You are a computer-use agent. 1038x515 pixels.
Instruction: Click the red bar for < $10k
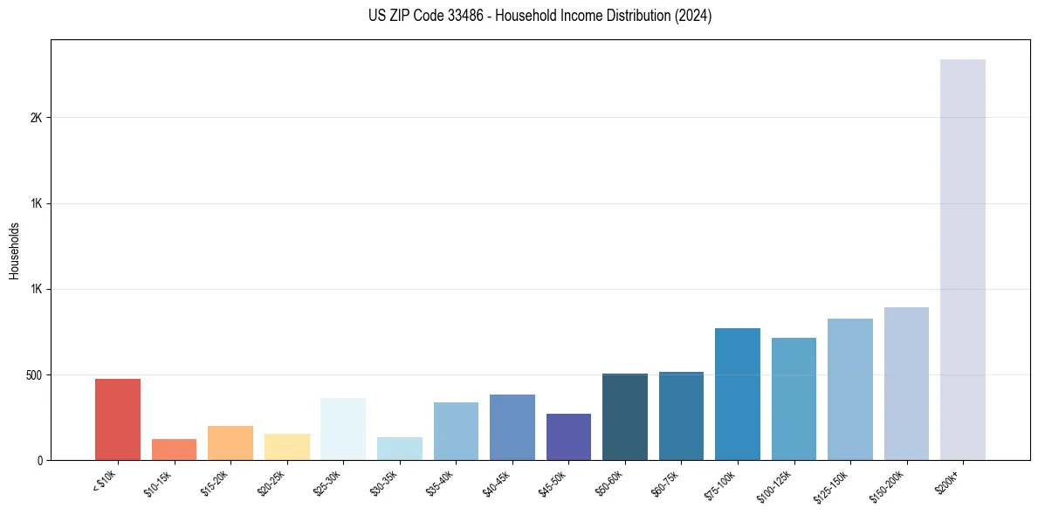118,420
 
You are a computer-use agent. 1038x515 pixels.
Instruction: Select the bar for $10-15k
174,450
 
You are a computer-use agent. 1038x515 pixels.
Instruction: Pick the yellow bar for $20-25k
286,447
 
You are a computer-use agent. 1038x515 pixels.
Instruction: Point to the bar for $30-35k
399,449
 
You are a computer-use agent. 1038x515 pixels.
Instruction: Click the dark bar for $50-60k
625,417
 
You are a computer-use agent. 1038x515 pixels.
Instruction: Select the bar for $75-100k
738,395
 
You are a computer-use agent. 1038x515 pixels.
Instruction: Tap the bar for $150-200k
906,384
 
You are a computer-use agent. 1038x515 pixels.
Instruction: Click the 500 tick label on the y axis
35,375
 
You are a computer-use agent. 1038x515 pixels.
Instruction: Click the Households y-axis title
14,251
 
